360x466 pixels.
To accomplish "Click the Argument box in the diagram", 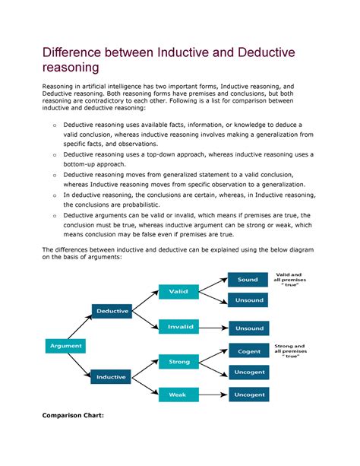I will pyautogui.click(x=66, y=346).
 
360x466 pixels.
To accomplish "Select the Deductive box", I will pyautogui.click(x=112, y=310).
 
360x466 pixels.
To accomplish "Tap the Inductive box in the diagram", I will pyautogui.click(x=112, y=376).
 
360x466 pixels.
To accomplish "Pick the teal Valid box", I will pyautogui.click(x=178, y=291).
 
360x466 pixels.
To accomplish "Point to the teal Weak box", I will pyautogui.click(x=178, y=395).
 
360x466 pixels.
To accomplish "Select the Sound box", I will pyautogui.click(x=248, y=280).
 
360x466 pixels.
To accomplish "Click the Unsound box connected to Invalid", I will pyautogui.click(x=248, y=328).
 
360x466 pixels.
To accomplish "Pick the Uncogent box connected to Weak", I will pyautogui.click(x=248, y=395).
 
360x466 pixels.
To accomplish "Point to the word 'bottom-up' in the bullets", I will pyautogui.click(x=84, y=163).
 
